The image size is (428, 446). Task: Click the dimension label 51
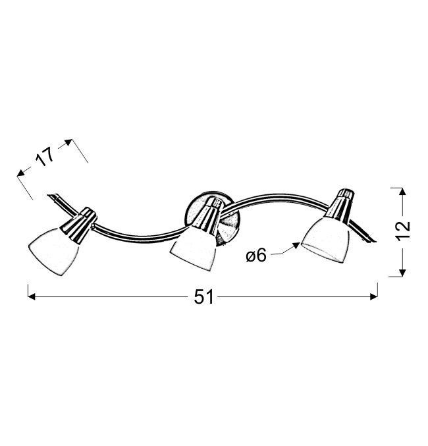(203, 297)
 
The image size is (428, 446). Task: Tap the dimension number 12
(404, 231)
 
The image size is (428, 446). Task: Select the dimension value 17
(45, 156)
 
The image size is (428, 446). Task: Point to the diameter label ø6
(256, 255)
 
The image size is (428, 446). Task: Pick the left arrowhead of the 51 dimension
(32, 297)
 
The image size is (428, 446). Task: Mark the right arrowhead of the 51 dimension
(374, 297)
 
